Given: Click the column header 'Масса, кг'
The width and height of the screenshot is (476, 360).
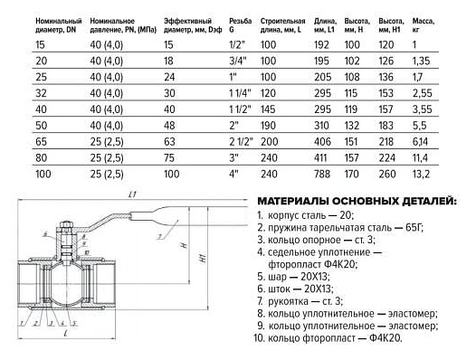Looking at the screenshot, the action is [x=424, y=25].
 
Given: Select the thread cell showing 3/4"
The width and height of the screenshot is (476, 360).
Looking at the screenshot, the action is [x=237, y=61].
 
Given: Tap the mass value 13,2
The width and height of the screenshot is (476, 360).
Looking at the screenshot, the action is [x=421, y=175].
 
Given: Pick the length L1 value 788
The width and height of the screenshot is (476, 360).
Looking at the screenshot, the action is [x=322, y=174].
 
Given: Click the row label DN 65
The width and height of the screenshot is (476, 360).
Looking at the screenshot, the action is [x=42, y=142].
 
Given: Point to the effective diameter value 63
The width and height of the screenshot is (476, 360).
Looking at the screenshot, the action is [x=169, y=142].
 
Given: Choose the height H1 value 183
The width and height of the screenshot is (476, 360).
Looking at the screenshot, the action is [x=386, y=126].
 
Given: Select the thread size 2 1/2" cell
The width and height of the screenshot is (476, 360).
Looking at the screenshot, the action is [x=241, y=142].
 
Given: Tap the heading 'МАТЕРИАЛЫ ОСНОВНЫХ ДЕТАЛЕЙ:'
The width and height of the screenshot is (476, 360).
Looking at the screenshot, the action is [x=357, y=201].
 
